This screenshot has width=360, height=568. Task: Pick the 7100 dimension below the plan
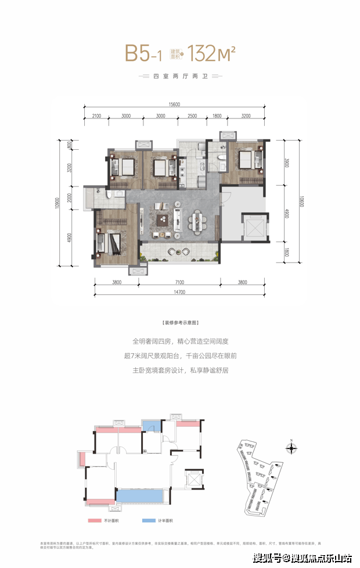coord(179,283)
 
